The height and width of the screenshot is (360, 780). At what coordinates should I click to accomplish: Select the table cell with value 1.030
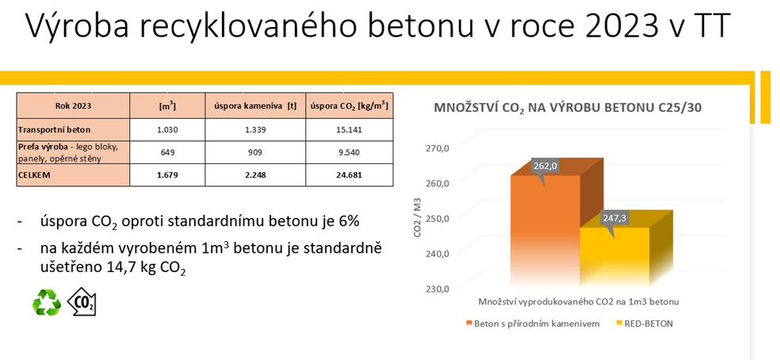click(167, 131)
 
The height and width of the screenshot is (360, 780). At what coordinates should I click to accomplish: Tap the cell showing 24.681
click(350, 175)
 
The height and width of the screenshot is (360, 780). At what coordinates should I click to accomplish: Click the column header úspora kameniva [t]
click(255, 105)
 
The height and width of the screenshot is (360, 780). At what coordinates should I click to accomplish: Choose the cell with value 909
click(255, 153)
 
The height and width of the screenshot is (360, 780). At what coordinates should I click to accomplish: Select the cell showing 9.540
click(350, 153)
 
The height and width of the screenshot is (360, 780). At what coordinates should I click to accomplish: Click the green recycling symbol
click(46, 303)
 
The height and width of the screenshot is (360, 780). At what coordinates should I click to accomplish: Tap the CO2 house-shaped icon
click(81, 302)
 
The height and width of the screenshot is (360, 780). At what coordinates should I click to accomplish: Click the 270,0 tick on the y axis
click(439, 147)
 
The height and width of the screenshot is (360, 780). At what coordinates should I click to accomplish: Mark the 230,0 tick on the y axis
click(439, 289)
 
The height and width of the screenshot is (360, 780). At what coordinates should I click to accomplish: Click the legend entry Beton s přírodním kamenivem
click(533, 324)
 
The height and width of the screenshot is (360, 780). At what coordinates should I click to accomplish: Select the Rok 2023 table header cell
click(73, 105)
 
